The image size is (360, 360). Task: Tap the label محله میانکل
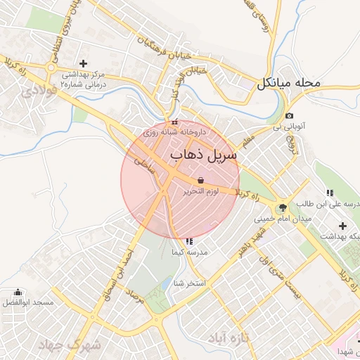[x=288, y=83]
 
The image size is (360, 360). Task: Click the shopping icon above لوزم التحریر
[x=201, y=180]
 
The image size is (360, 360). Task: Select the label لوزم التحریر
[x=201, y=191]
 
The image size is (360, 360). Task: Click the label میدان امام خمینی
[x=282, y=219]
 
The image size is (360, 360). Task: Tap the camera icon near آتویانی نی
[x=290, y=115]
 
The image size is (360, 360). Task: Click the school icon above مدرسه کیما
[x=188, y=241]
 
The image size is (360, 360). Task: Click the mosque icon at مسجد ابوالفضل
[x=18, y=292]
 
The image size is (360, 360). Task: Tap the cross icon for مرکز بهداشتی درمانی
[x=83, y=63]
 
